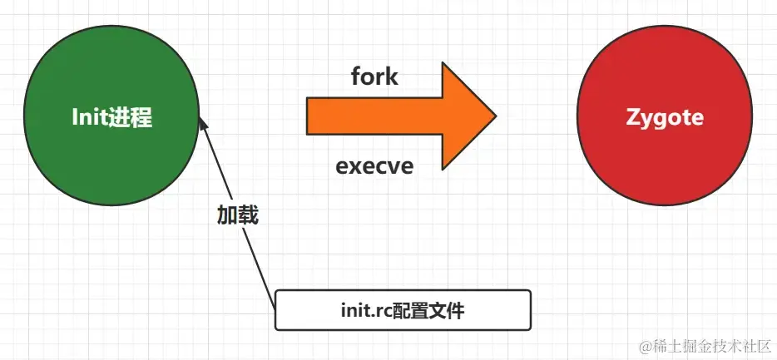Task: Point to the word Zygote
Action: point(664,118)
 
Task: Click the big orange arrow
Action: point(391,116)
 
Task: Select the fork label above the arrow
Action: point(374,77)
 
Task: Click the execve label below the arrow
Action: point(374,165)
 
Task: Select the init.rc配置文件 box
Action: point(403,311)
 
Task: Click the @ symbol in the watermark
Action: point(641,344)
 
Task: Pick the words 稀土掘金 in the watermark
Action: point(676,344)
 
